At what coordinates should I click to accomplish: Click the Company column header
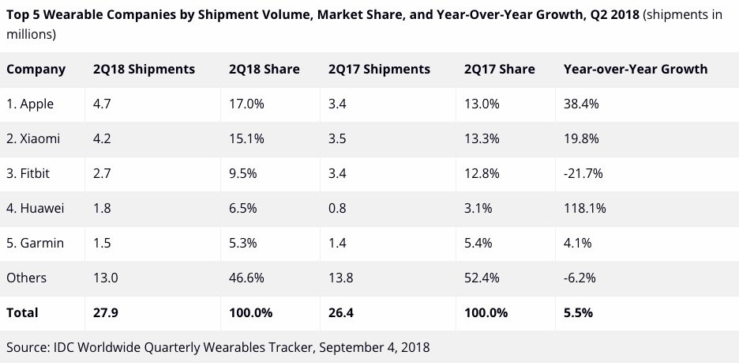pos(36,70)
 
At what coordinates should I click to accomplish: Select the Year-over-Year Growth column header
pos(635,70)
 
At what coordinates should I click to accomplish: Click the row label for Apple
pos(31,104)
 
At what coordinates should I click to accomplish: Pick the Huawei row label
pos(35,208)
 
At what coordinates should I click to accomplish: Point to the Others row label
pos(26,278)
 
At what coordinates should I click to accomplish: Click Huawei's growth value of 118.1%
pos(582,208)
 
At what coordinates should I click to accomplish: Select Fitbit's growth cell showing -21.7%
pos(580,173)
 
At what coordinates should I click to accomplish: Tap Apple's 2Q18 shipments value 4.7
pos(103,104)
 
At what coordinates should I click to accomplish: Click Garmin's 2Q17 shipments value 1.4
pos(338,243)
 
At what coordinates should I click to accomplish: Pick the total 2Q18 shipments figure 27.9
pos(106,312)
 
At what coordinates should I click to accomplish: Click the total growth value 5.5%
pos(578,312)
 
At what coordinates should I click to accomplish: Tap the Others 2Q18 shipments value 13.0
pos(106,278)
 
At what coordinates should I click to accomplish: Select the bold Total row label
pos(22,312)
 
